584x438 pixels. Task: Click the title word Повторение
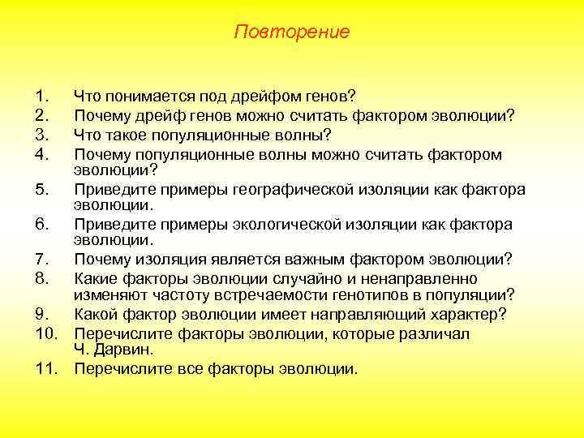[x=291, y=32]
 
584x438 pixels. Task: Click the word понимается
[x=145, y=97]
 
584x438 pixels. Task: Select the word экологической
[x=307, y=225]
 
